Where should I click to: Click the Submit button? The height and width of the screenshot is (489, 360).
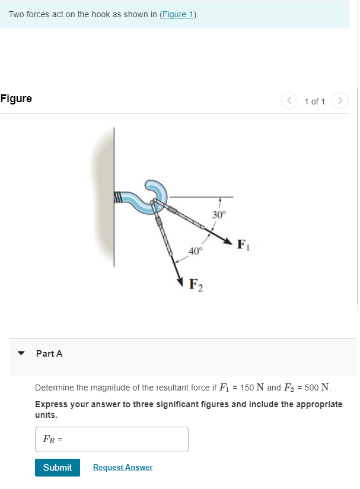click(58, 467)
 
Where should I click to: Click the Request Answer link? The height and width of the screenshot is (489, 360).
click(123, 468)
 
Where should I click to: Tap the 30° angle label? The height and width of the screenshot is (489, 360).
click(219, 214)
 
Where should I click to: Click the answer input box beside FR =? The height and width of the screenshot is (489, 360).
click(111, 439)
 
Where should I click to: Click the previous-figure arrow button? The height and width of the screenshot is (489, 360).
click(289, 101)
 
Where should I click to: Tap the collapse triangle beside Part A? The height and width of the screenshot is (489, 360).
click(22, 354)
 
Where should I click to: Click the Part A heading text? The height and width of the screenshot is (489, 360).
click(49, 354)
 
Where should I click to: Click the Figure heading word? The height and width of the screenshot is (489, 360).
click(17, 99)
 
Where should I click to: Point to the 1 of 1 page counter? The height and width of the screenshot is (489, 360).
click(314, 101)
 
